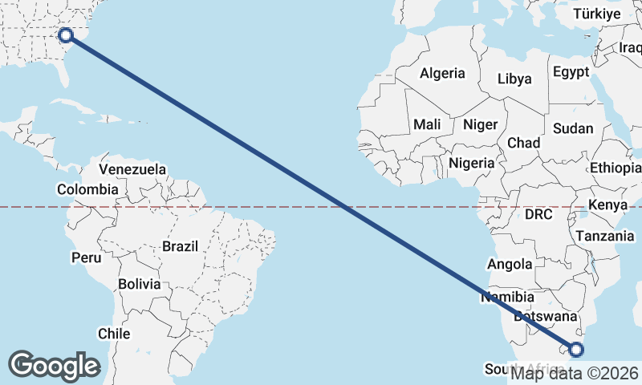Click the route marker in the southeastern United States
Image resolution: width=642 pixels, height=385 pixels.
tap(66, 34)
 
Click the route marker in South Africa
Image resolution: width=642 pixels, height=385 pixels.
tap(576, 349)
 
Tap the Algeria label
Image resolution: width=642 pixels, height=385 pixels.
tap(442, 73)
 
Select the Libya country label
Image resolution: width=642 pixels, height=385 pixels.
tap(514, 79)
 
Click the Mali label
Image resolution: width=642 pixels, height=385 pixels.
tap(427, 124)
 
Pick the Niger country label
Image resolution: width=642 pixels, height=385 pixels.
tap(481, 124)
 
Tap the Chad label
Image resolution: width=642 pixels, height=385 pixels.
tap(523, 143)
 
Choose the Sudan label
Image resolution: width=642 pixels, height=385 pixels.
tap(573, 128)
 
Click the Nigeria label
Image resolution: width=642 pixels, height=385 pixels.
tap(472, 162)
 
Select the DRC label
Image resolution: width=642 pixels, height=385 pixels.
tap(538, 215)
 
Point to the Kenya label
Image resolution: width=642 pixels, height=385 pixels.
tap(607, 205)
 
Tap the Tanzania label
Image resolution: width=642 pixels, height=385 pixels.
tap(605, 236)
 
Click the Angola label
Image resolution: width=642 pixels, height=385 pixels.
tap(510, 264)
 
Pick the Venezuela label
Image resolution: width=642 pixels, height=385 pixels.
tap(132, 169)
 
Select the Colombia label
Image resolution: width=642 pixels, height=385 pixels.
tap(87, 190)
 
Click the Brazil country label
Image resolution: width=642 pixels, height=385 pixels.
tap(180, 246)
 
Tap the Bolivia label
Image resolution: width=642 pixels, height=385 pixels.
tap(139, 284)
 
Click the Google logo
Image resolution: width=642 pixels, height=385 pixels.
tap(54, 366)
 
